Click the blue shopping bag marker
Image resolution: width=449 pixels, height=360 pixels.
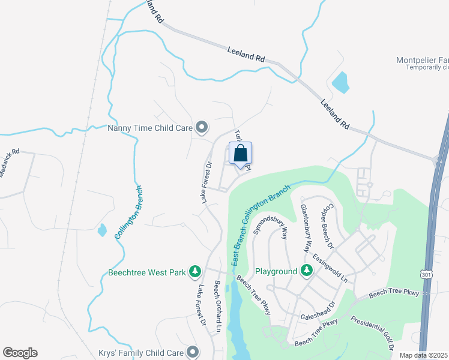pyautogui.click(x=240, y=154)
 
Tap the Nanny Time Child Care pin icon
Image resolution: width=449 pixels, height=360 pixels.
pyautogui.click(x=202, y=127)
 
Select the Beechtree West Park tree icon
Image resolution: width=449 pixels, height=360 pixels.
pyautogui.click(x=194, y=272)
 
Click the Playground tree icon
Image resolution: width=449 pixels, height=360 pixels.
pyautogui.click(x=306, y=272)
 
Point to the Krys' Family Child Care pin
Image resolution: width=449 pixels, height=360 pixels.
pyautogui.click(x=192, y=352)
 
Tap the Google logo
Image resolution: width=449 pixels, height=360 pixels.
pyautogui.click(x=20, y=353)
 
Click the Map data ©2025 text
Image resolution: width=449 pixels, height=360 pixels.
pyautogui.click(x=423, y=355)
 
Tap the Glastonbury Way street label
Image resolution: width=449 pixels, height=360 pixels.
pyautogui.click(x=306, y=226)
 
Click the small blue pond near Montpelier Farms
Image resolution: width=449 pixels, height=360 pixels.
pyautogui.click(x=340, y=82)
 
